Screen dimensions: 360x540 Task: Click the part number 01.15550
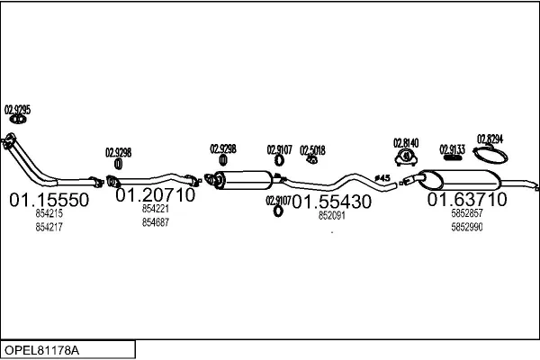pos(49,199)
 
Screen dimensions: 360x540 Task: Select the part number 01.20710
pos(156,194)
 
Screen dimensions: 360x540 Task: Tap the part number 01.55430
pos(331,202)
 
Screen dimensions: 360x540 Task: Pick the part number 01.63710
pos(466,198)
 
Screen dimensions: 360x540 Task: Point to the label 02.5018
pos(312,149)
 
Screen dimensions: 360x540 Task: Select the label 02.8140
pos(407,142)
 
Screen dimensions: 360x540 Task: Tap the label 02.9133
pos(452,149)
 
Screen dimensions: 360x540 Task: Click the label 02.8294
pos(490,139)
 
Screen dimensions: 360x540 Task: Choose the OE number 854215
pos(49,214)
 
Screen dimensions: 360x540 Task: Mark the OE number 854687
pos(156,222)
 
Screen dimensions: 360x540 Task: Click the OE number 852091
pos(331,216)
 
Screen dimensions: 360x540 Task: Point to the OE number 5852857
pos(466,213)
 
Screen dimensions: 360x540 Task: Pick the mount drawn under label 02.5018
pos(312,161)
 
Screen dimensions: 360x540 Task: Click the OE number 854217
pos(49,227)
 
